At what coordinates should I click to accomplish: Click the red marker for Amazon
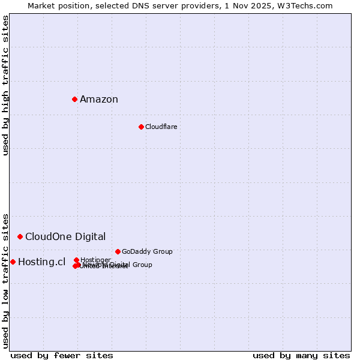pos(74,99)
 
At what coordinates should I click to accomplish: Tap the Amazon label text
pos(99,100)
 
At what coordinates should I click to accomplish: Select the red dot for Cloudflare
pos(141,127)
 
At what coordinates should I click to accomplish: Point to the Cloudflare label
pos(161,127)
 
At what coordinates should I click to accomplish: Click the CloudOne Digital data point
pos(20,236)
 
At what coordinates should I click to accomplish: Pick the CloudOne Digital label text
pos(65,236)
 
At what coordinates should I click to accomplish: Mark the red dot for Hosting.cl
pos(13,262)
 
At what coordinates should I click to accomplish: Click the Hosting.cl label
pos(41,262)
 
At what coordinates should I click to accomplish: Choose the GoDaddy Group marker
pos(118,251)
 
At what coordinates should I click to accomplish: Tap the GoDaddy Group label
pos(147,251)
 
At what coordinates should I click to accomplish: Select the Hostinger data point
pos(76,260)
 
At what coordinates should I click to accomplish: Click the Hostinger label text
pos(95,260)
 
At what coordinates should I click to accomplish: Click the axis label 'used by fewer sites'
pos(62,355)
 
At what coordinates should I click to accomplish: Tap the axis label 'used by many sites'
pos(301,355)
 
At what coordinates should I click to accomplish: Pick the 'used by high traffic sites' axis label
pos(5,85)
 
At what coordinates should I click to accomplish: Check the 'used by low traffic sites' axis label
pos(5,281)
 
